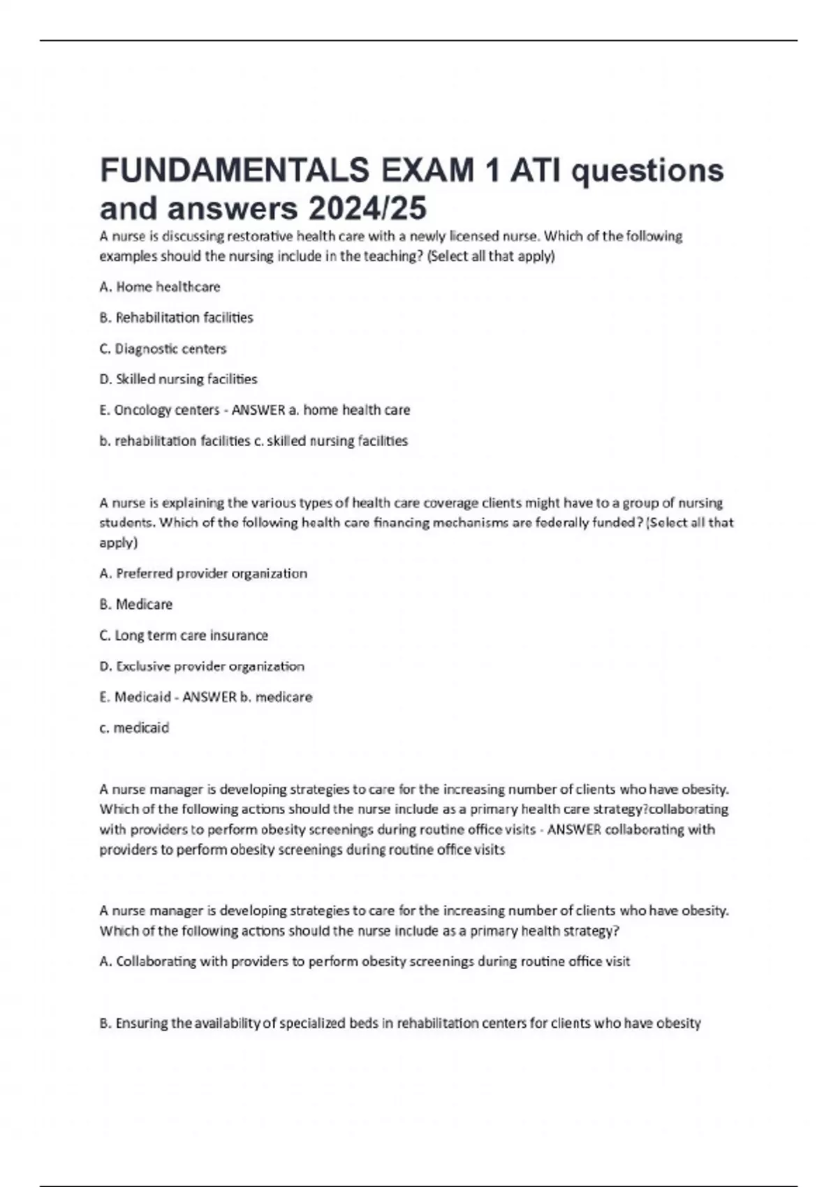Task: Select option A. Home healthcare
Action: click(x=160, y=286)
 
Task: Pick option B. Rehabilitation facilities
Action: click(x=176, y=318)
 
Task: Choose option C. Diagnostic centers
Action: click(x=163, y=348)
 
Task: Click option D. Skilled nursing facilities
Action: click(x=178, y=379)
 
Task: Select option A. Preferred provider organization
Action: click(x=203, y=573)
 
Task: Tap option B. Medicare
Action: click(x=136, y=604)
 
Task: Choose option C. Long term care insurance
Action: click(x=184, y=635)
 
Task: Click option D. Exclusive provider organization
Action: click(x=202, y=666)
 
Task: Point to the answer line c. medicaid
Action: click(x=134, y=728)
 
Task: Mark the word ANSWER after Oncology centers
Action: click(x=258, y=410)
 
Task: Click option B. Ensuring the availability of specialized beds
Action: click(x=399, y=1023)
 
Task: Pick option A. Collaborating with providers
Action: click(x=365, y=961)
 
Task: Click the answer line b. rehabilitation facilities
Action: click(x=175, y=441)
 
